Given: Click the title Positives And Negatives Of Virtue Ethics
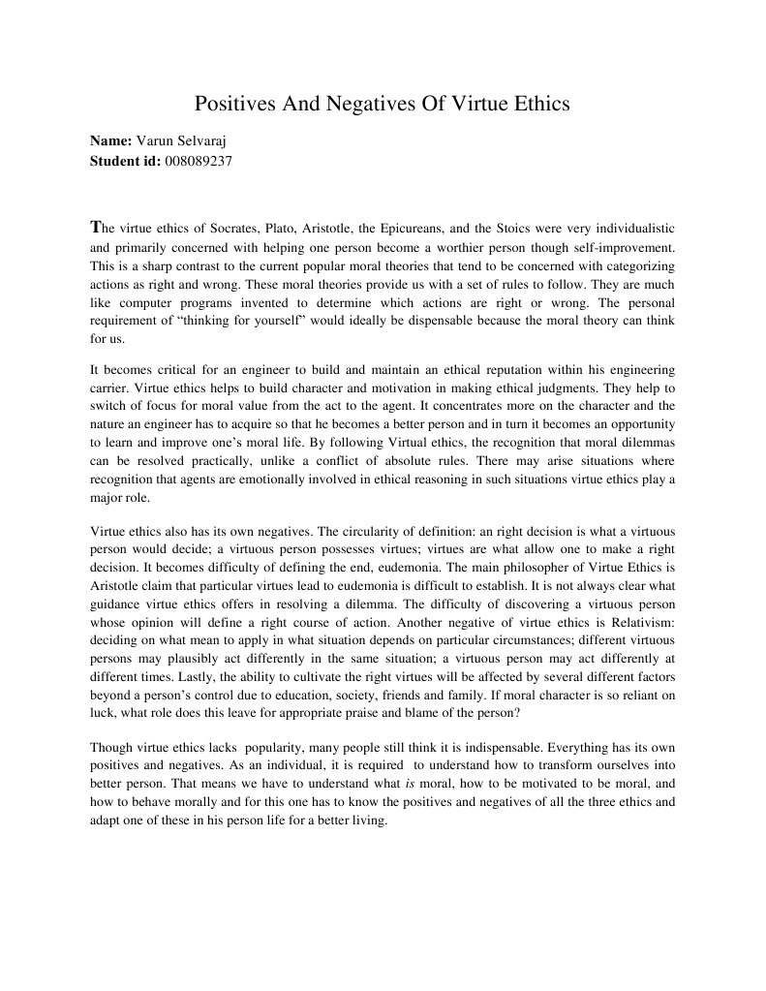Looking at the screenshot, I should pyautogui.click(x=383, y=104).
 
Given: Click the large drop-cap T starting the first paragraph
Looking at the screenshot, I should pyautogui.click(x=95, y=228).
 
